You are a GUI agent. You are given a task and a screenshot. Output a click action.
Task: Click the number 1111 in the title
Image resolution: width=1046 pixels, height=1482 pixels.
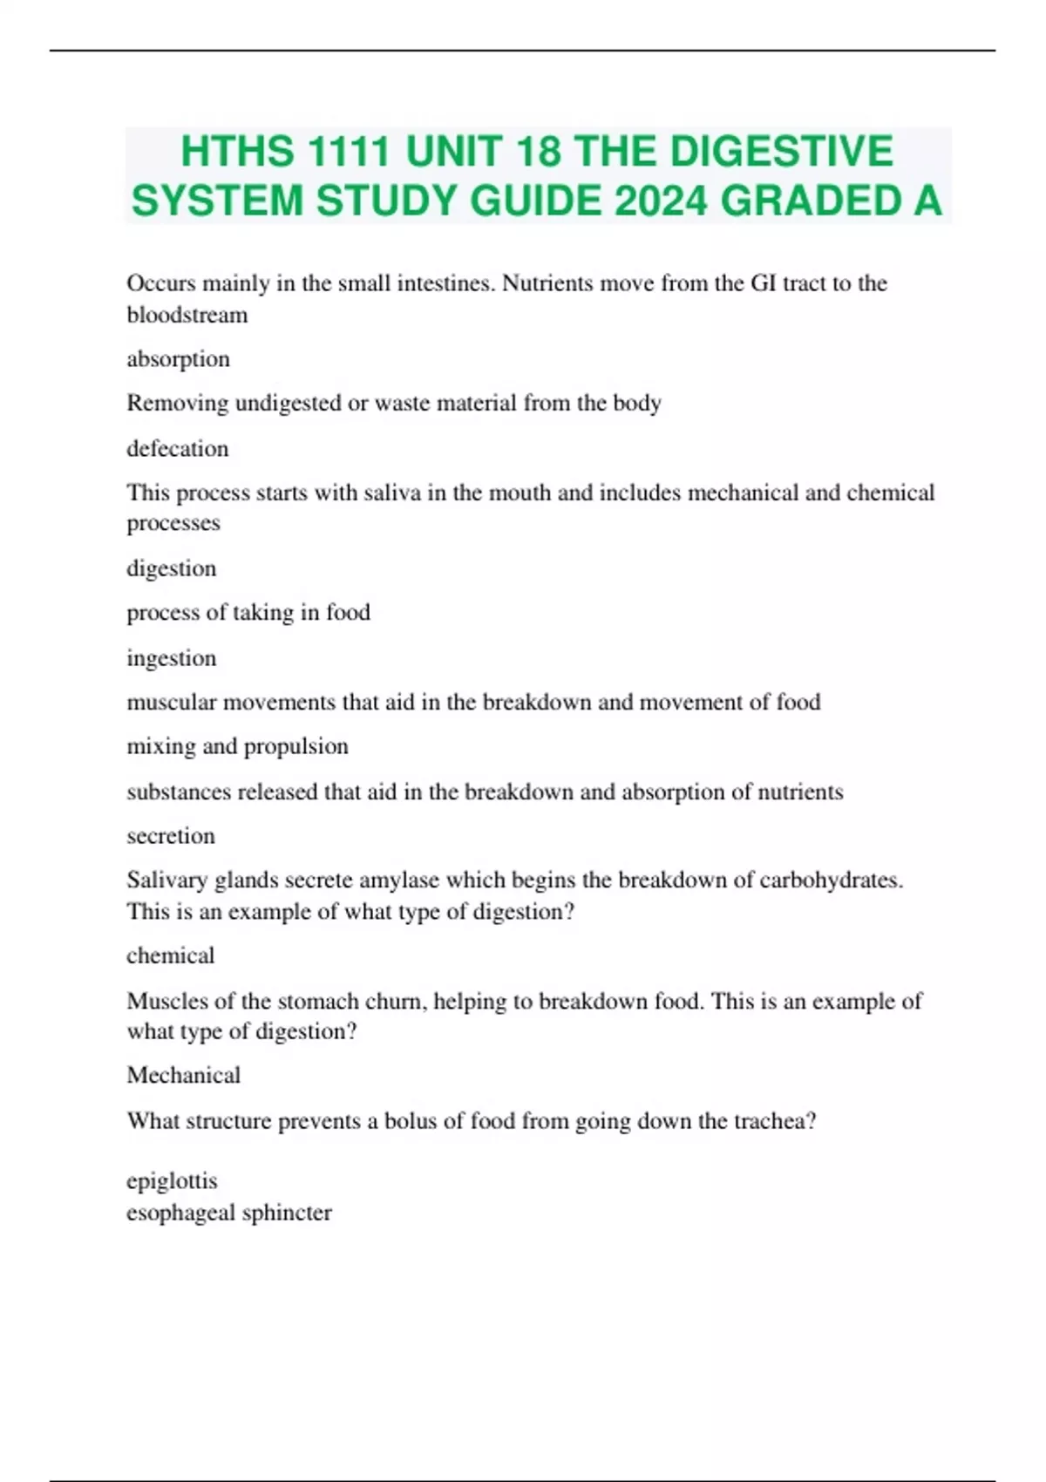tap(347, 152)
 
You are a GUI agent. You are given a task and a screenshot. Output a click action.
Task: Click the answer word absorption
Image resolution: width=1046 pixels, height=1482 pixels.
tap(178, 359)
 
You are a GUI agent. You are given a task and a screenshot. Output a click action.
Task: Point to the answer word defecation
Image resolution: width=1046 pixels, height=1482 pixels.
tap(177, 449)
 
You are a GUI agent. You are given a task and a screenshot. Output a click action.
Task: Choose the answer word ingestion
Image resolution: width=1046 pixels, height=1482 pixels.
tap(171, 658)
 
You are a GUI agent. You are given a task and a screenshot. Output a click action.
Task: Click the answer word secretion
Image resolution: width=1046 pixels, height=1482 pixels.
tap(170, 836)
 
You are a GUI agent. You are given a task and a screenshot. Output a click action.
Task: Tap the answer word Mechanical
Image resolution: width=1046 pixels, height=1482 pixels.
tap(183, 1075)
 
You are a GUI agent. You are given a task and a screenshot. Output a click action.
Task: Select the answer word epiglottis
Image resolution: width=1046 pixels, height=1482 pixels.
tap(172, 1181)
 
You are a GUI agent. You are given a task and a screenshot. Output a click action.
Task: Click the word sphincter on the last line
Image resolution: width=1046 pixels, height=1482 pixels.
tap(287, 1213)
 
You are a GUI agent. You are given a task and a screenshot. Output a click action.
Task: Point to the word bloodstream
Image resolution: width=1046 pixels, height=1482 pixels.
tap(187, 315)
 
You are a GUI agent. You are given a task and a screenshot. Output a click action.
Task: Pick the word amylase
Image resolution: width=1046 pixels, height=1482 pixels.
tap(402, 880)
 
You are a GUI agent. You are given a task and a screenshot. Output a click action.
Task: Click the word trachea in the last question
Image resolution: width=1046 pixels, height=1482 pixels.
tap(773, 1121)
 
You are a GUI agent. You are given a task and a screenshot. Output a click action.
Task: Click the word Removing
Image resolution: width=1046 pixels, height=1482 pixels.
tap(177, 403)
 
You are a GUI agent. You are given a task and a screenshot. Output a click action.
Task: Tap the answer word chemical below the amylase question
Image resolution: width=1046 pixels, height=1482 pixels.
tap(170, 955)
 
